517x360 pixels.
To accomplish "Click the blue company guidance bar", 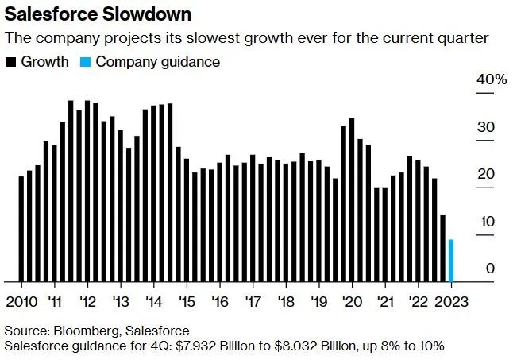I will tap(451, 261).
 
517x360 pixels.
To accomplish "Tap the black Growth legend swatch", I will tap(10, 62).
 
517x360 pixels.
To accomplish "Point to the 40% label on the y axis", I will tap(491, 80).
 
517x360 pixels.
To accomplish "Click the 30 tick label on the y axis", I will tap(486, 128).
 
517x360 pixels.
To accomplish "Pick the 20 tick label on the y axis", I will tap(486, 175).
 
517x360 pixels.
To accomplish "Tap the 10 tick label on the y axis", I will tap(486, 222).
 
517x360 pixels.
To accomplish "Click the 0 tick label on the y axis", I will tap(490, 269).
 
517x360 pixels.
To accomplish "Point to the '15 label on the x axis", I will tap(187, 303).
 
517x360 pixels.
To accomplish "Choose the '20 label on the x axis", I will tap(350, 303).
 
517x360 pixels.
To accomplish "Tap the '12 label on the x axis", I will tap(88, 303).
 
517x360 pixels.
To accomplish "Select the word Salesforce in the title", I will tap(49, 14).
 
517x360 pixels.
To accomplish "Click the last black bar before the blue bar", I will tap(442, 248).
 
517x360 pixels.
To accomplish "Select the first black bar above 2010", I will tap(21, 229).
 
